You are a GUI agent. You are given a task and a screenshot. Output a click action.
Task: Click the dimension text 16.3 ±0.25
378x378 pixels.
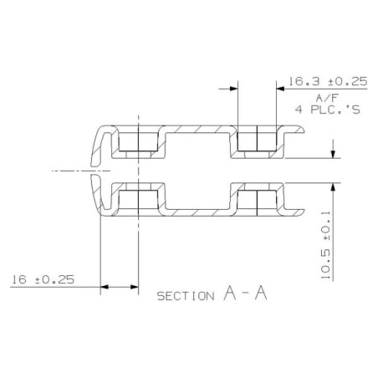point(328,82)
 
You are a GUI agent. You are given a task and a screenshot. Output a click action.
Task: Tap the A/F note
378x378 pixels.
point(327,98)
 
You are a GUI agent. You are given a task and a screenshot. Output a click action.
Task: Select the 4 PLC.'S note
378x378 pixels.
point(328,110)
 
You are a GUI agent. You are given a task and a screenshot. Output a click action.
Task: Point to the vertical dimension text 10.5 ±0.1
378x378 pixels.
point(325,245)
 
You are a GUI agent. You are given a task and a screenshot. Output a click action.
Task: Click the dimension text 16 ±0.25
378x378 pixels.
point(43,279)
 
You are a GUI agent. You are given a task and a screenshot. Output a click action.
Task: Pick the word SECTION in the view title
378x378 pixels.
point(186,296)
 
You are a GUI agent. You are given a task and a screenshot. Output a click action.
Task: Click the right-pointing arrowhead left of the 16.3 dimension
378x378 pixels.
point(233,89)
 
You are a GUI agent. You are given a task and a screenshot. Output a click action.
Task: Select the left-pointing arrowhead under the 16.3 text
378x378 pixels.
point(280,89)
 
